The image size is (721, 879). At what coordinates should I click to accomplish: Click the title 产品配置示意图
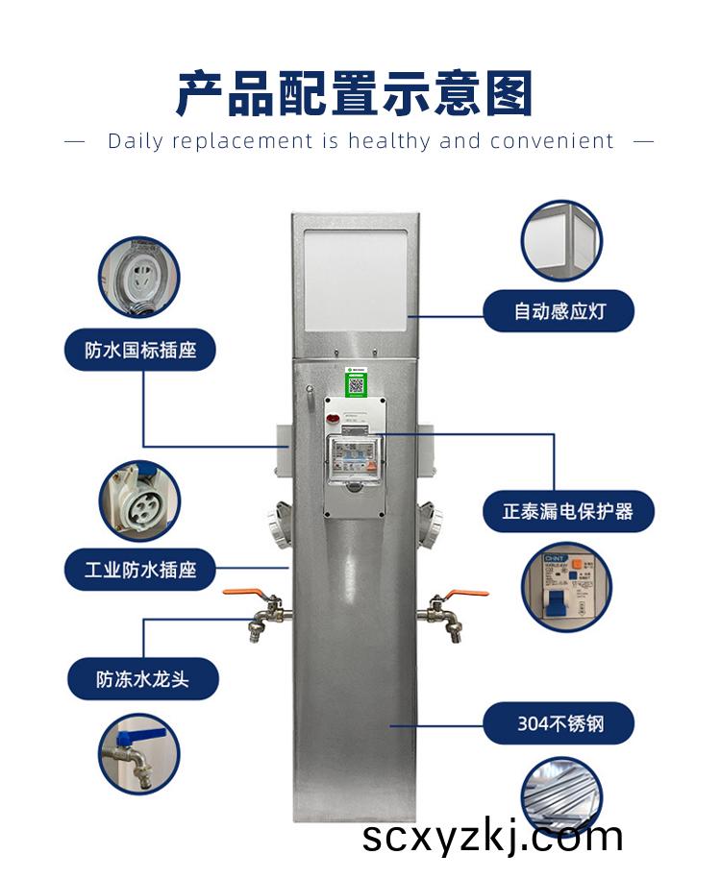355,94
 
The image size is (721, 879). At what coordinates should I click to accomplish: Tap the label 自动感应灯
559,311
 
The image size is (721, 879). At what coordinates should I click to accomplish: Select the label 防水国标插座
140,350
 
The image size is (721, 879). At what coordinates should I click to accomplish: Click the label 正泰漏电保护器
567,511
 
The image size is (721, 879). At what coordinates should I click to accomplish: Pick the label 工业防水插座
140,570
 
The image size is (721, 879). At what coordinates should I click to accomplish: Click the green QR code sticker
357,382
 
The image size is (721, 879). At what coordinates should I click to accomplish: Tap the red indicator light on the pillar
333,418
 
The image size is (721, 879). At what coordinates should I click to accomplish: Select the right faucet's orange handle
467,593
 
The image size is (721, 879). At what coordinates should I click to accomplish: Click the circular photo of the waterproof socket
140,278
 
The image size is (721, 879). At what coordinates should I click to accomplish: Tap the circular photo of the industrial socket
140,501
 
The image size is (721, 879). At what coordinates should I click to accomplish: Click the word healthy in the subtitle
389,141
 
